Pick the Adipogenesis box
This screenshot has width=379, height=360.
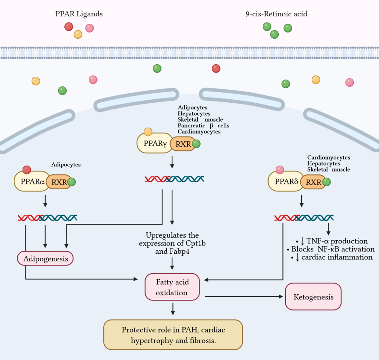(45, 258)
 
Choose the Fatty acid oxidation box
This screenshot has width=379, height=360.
(172, 287)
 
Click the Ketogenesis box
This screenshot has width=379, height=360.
(313, 297)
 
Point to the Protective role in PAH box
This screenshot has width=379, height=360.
(173, 335)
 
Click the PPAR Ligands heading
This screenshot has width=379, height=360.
(79, 14)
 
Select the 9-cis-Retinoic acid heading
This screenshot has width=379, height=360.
(276, 14)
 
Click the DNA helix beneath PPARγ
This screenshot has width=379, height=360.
(174, 179)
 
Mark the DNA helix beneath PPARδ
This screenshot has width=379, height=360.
(304, 218)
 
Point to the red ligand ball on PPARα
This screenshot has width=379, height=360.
(27, 170)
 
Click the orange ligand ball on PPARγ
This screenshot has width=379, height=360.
(148, 132)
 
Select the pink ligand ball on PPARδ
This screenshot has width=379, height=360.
(280, 170)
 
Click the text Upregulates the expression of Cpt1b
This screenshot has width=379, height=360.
(172, 240)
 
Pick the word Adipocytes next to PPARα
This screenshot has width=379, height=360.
(66, 164)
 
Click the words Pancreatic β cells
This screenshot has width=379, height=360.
(203, 126)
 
